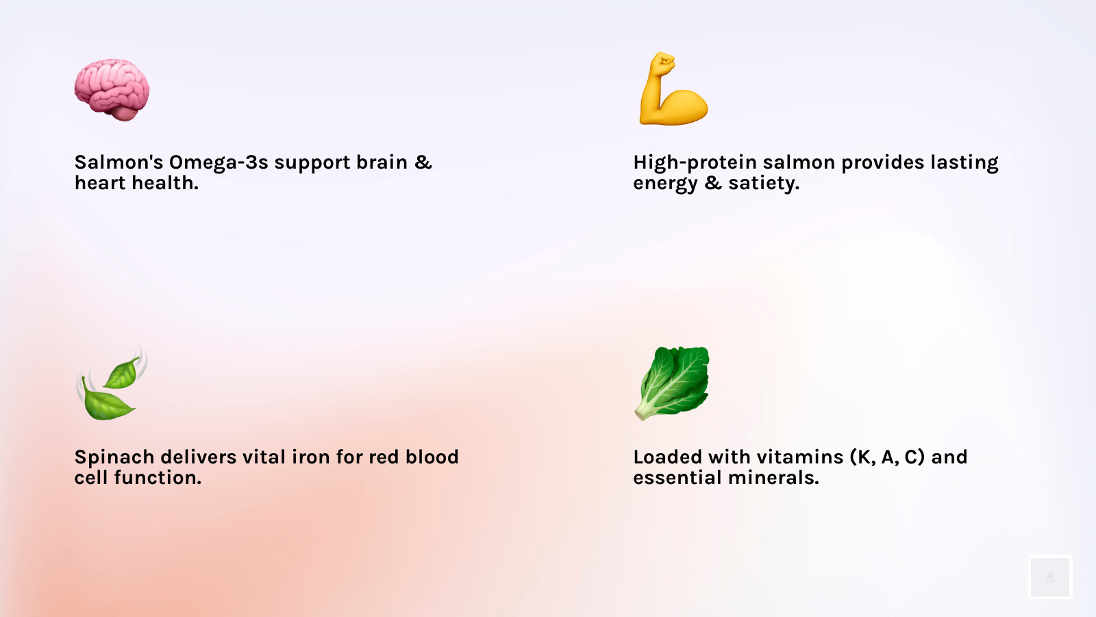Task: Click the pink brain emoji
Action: point(112,89)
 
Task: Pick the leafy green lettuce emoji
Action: point(673,383)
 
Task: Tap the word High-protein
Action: point(695,163)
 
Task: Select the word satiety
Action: point(763,184)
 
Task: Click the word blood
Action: point(432,457)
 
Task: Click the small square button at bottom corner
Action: point(1049,577)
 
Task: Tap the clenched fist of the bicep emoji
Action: point(662,64)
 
